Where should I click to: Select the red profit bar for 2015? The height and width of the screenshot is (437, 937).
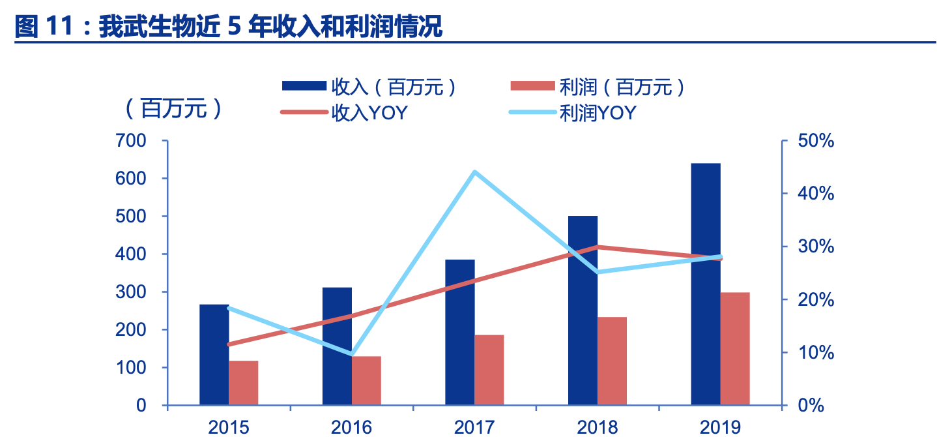click(243, 383)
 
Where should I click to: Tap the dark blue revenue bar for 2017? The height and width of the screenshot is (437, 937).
click(460, 332)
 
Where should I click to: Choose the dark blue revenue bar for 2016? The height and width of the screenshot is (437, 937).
click(337, 346)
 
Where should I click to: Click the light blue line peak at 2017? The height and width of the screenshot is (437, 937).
click(475, 172)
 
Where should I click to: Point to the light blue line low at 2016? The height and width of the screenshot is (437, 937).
click(352, 354)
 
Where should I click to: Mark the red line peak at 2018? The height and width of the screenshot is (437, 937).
click(598, 247)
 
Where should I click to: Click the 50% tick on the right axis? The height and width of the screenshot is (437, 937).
click(816, 141)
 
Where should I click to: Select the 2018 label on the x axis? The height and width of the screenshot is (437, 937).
click(598, 427)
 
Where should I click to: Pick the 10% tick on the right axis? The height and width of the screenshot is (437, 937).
click(816, 353)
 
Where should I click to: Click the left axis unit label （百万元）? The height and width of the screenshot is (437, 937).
click(173, 108)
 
